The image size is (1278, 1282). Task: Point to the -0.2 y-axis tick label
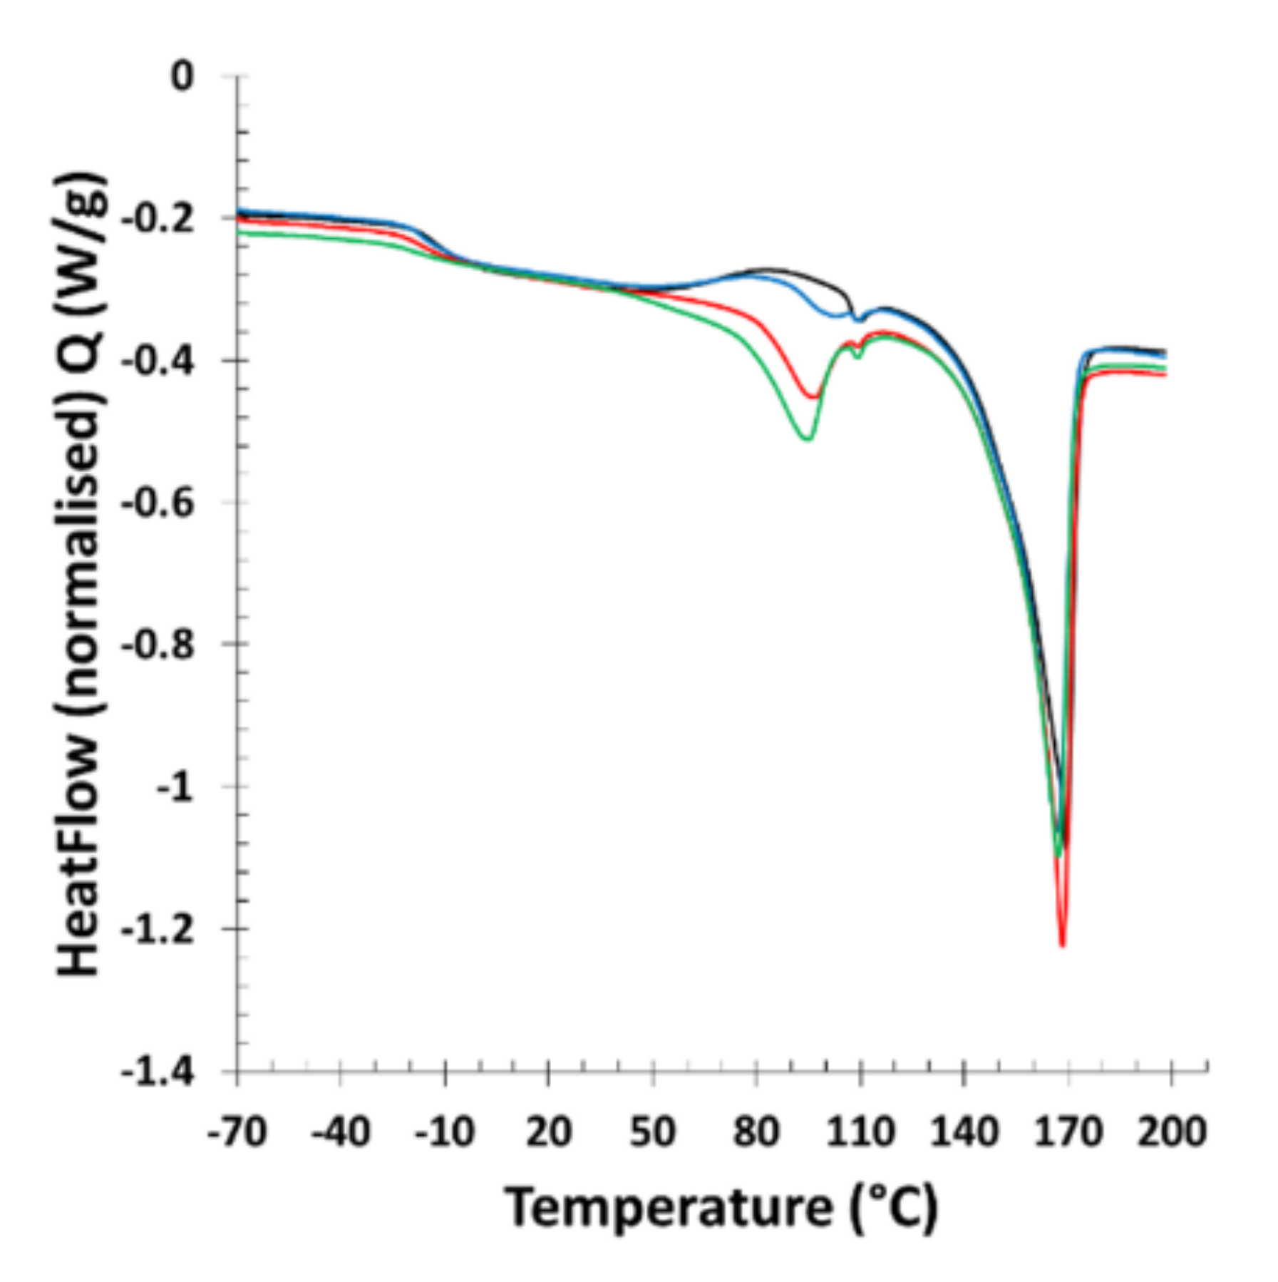point(158,218)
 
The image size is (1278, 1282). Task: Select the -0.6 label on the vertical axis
point(158,503)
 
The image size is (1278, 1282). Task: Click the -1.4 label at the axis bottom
point(158,1071)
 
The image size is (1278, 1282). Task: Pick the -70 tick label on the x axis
point(237,1132)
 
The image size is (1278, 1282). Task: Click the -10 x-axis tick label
point(444,1132)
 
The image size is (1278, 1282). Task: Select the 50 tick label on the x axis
point(651,1132)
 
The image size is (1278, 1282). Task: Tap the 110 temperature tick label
point(860,1132)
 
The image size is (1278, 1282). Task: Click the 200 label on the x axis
point(1171,1132)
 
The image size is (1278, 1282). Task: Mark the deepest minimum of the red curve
point(1062,945)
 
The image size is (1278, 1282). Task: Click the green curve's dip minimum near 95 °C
point(806,439)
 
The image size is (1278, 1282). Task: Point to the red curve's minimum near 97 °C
point(813,396)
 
